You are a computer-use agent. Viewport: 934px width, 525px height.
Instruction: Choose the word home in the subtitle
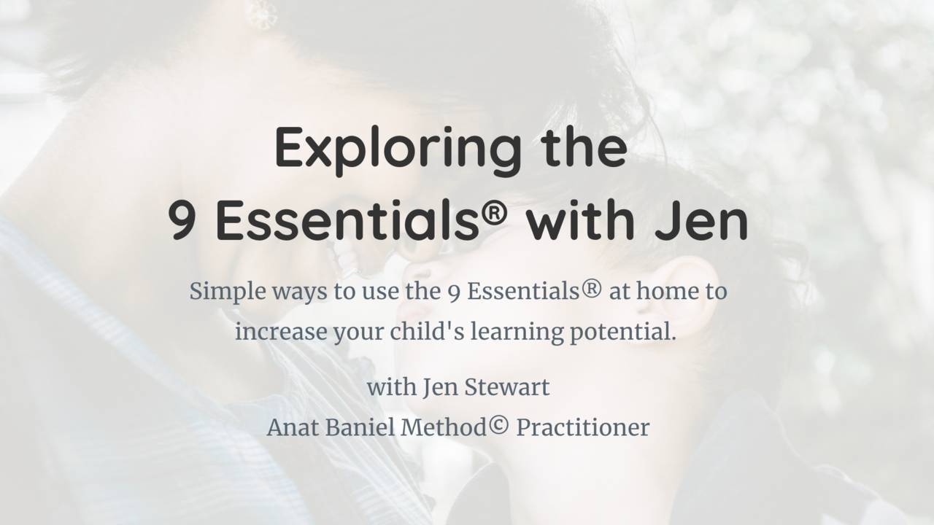[x=667, y=292]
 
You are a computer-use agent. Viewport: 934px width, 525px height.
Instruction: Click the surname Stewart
[x=509, y=387]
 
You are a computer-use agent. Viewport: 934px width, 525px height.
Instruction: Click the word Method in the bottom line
[x=444, y=427]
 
